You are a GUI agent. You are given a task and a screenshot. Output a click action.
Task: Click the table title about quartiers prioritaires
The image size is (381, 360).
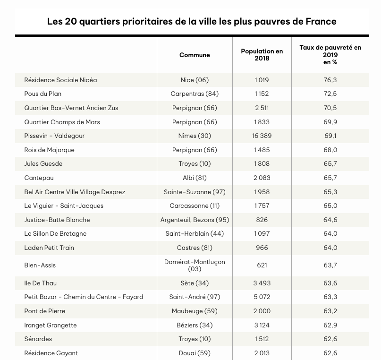click(192, 22)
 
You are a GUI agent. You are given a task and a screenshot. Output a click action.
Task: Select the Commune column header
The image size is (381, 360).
click(195, 55)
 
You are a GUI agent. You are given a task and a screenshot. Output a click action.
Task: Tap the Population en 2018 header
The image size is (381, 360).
click(262, 55)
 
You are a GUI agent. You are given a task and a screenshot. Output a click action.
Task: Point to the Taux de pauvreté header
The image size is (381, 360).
click(330, 55)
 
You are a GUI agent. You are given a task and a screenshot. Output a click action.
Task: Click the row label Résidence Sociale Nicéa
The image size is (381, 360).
click(60, 80)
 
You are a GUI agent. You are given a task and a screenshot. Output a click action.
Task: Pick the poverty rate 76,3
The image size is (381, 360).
click(330, 80)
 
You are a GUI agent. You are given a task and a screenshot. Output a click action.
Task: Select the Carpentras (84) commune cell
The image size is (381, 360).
click(195, 94)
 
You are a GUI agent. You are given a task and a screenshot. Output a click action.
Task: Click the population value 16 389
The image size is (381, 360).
click(262, 136)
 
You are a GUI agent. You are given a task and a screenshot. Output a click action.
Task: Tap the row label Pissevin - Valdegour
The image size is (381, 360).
click(54, 136)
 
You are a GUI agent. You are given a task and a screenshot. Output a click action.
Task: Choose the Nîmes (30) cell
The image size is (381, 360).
click(195, 136)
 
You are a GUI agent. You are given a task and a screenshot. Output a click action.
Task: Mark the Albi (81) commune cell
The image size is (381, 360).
click(195, 178)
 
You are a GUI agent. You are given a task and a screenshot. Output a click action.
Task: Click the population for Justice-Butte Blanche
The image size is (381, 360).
click(262, 220)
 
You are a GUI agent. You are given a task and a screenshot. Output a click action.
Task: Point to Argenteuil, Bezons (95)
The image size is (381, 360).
click(195, 220)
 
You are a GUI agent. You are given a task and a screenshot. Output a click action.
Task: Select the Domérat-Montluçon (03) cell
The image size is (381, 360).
click(195, 265)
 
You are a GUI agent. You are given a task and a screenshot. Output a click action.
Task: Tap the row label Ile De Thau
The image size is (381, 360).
click(40, 283)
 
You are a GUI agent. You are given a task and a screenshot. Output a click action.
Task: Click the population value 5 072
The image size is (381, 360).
click(262, 297)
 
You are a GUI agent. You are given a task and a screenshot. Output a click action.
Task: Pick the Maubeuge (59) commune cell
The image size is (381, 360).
click(195, 311)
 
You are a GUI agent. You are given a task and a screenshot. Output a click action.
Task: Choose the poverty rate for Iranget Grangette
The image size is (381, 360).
click(330, 325)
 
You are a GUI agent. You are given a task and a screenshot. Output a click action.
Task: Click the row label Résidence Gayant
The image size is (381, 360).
click(51, 353)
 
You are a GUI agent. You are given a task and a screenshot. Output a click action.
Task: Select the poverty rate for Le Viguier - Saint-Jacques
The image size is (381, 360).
click(330, 206)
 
